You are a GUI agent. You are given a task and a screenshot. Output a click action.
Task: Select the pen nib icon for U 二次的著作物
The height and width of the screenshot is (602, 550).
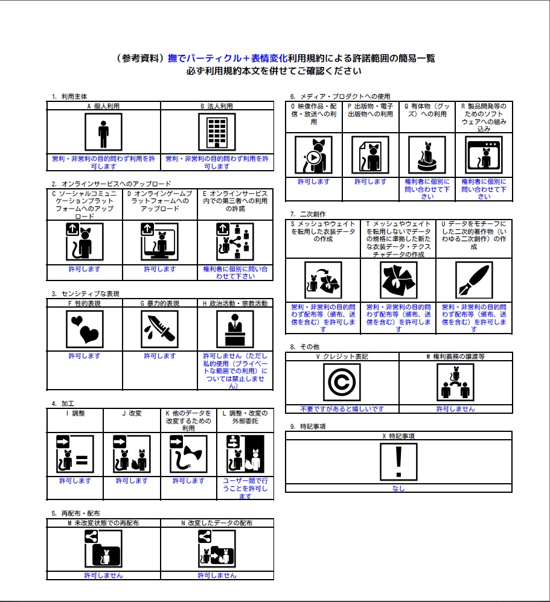pyautogui.click(x=473, y=281)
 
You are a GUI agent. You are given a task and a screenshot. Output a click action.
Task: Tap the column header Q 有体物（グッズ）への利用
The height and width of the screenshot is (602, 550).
pyautogui.click(x=427, y=110)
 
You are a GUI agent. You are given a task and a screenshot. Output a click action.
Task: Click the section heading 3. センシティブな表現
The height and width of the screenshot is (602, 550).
pyautogui.click(x=85, y=294)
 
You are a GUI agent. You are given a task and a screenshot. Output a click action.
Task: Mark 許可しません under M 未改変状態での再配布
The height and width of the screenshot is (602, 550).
pyautogui.click(x=103, y=575)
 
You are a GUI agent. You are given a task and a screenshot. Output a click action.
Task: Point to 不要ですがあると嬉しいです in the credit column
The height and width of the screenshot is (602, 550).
pyautogui.click(x=342, y=409)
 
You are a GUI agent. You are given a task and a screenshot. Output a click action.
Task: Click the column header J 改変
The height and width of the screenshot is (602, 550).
pyautogui.click(x=131, y=414)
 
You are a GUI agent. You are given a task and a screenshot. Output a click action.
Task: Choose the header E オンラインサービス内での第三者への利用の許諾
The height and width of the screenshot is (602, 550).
pyautogui.click(x=235, y=201)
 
